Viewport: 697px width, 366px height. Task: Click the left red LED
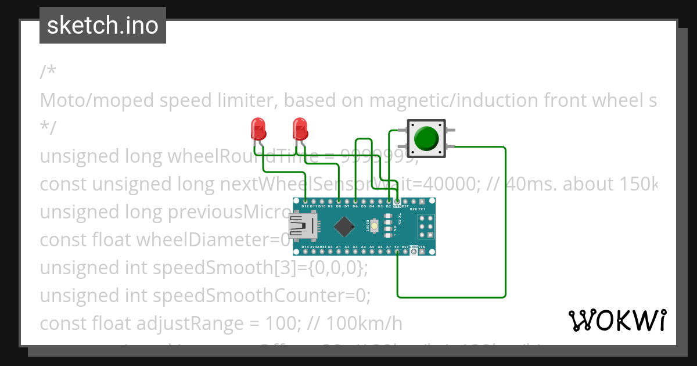257,128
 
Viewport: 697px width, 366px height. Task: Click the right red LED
300,128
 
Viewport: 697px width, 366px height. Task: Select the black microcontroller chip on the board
345,226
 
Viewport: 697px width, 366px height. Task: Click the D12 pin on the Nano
305,202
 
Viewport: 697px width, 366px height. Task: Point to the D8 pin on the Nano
338,202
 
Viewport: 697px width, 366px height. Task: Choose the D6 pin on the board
355,202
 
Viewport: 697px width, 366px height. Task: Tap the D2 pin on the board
388,202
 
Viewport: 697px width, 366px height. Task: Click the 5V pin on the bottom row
397,251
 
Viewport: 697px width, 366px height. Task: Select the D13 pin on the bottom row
305,251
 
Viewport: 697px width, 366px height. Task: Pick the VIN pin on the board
430,251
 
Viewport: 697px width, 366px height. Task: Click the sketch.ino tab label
103,26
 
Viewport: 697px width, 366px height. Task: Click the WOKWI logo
617,321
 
